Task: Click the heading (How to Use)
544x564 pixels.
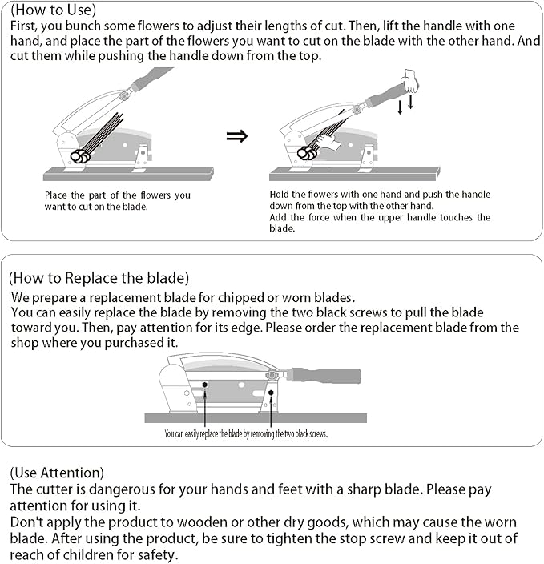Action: point(53,10)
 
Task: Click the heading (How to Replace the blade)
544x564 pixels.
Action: point(99,278)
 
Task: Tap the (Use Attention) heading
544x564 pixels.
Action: point(57,473)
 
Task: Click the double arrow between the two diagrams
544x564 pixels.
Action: point(237,136)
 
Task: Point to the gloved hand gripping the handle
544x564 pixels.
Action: point(410,82)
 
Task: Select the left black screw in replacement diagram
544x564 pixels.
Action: point(205,385)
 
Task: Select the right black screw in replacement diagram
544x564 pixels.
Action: point(271,393)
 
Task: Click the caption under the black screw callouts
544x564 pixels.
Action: point(246,433)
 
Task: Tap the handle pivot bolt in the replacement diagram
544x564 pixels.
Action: point(272,376)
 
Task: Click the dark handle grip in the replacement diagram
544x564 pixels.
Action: point(326,376)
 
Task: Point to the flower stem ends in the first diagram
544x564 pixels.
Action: point(80,156)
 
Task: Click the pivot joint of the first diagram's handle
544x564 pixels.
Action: point(123,95)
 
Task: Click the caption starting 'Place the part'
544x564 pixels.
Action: point(118,201)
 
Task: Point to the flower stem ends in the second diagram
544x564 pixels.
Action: point(307,154)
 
